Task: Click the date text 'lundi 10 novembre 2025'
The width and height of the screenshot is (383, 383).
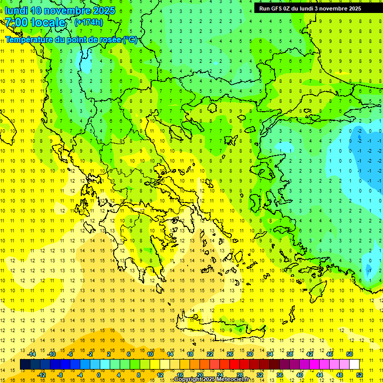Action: click(60, 10)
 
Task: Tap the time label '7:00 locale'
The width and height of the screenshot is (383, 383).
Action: click(35, 22)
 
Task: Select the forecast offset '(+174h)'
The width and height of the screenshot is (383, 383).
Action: click(88, 22)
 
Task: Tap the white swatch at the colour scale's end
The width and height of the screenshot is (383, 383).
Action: click(355, 365)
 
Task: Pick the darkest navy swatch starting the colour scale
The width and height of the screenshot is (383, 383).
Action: click(25, 365)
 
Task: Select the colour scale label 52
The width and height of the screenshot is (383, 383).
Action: click(360, 375)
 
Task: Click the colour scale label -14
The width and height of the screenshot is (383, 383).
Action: click(32, 354)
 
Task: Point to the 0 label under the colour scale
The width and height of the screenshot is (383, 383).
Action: click(98, 375)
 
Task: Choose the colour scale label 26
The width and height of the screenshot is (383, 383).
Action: click(230, 354)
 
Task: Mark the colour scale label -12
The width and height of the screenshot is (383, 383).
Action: click(41, 375)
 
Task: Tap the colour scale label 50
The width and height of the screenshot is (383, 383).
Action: click(350, 354)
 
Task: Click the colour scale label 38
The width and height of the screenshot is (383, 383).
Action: click(289, 354)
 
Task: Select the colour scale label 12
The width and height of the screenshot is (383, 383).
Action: click(160, 375)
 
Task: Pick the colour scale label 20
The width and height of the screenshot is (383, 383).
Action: click(199, 375)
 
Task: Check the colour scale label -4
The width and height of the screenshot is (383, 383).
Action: click(79, 375)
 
